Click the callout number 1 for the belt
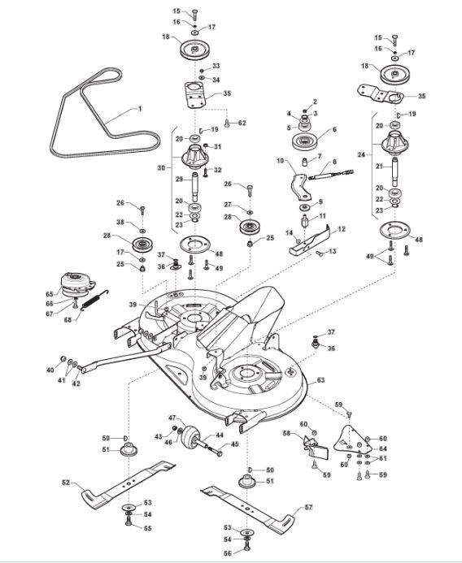point(140,108)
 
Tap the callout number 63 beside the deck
point(320,380)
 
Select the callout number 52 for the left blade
point(66,483)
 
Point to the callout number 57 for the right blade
point(308,507)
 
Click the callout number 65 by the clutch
point(50,294)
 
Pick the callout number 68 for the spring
point(68,319)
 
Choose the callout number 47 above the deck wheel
point(172,418)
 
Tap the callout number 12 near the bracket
point(341,229)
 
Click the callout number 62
point(242,123)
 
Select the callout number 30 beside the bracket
point(161,167)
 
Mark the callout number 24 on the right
point(362,154)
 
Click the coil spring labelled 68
point(94,300)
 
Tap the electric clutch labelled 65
point(78,284)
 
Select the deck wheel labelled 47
point(190,435)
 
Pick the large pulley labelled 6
point(306,142)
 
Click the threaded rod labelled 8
point(331,175)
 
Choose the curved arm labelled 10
point(299,187)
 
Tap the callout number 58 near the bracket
point(286,433)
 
